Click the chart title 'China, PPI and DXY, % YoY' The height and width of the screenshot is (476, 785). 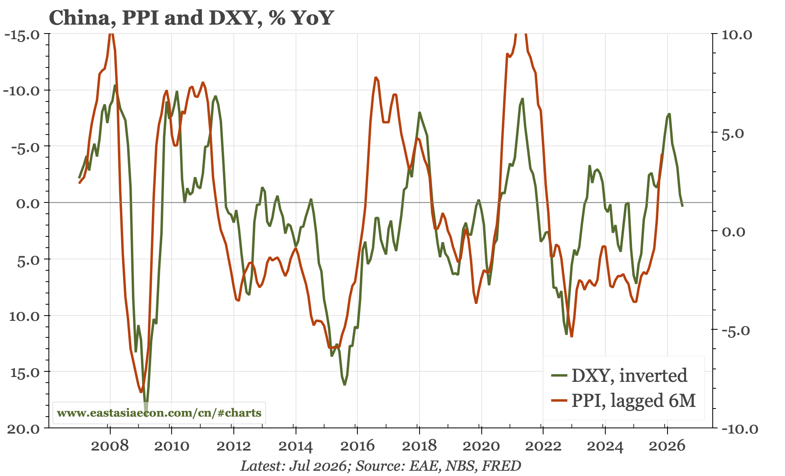pyautogui.click(x=191, y=18)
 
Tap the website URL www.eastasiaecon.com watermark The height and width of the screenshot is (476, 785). pyautogui.click(x=159, y=413)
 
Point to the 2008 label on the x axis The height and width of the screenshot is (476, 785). pyautogui.click(x=109, y=446)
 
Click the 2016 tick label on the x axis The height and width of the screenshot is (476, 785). pyautogui.click(x=357, y=446)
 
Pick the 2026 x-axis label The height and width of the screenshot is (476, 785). pyautogui.click(x=667, y=446)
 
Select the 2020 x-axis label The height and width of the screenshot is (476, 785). pyautogui.click(x=481, y=446)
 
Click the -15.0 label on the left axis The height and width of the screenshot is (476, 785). pyautogui.click(x=22, y=34)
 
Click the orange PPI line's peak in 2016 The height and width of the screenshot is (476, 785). pyautogui.click(x=376, y=77)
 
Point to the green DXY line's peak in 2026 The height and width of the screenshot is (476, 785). pyautogui.click(x=669, y=114)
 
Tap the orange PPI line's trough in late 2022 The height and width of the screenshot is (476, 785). pyautogui.click(x=571, y=336)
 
